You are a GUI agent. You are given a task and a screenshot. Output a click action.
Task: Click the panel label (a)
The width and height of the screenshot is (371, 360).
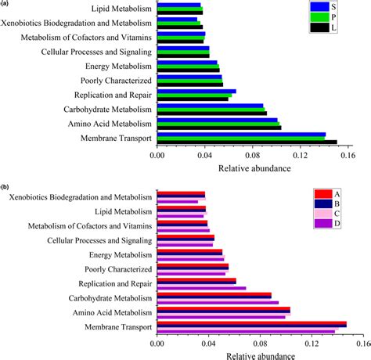click(5, 4)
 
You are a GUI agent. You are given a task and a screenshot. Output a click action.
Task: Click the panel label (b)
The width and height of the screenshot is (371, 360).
click(5, 187)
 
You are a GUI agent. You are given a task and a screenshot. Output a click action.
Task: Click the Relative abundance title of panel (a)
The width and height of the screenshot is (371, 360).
click(258, 167)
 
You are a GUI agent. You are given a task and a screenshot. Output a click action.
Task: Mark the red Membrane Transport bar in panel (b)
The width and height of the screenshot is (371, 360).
click(251, 322)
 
